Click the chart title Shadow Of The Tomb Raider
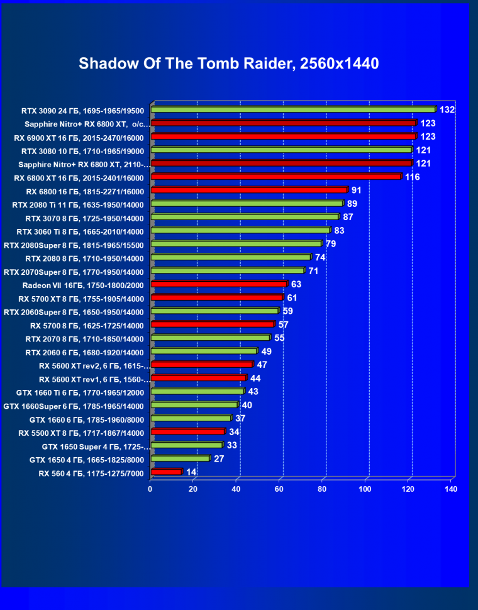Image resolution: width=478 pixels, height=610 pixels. (x=229, y=64)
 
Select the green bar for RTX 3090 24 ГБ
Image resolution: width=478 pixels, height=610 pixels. (x=293, y=109)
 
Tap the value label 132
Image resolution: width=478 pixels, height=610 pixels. (x=447, y=110)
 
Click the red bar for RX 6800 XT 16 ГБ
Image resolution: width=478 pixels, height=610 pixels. (x=275, y=177)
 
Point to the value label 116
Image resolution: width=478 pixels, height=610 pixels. (x=412, y=177)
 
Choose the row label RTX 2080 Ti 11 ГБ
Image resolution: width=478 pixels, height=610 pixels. (x=78, y=204)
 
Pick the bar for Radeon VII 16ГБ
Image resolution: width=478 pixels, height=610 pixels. (x=219, y=284)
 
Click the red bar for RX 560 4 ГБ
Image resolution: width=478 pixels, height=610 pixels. (x=166, y=472)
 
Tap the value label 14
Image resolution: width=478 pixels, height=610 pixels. (x=192, y=472)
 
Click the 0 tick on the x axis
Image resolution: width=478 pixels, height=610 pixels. (x=150, y=489)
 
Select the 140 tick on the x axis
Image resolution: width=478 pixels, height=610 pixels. (x=450, y=489)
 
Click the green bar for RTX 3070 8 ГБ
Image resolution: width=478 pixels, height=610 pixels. (x=245, y=217)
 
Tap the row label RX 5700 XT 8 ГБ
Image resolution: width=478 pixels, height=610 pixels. (x=81, y=299)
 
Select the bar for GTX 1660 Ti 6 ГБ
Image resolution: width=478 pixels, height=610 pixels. (x=197, y=391)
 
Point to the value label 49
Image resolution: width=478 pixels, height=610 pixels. (x=266, y=352)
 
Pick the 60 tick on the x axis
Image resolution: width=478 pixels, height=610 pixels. (x=279, y=489)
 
